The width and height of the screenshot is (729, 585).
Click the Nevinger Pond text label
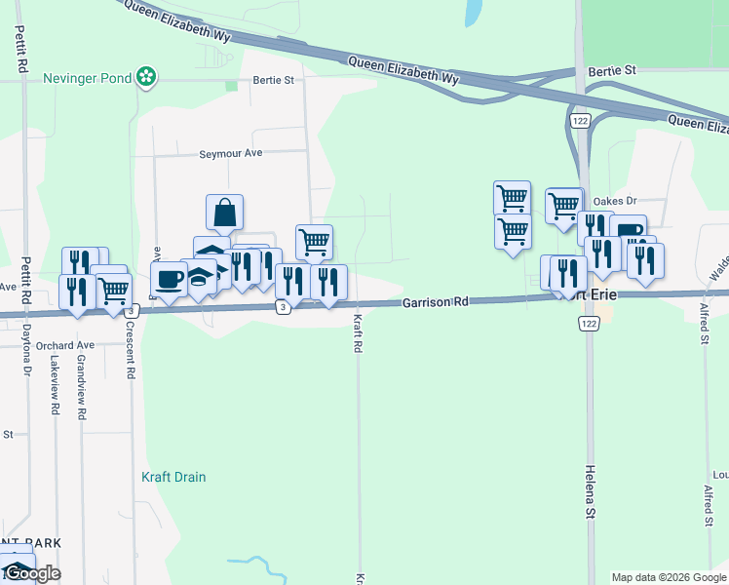coord(85,76)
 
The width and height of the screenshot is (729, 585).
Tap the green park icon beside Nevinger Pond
coord(145,76)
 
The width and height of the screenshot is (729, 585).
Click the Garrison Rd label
coord(436,303)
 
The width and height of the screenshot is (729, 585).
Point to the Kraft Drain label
coord(173,477)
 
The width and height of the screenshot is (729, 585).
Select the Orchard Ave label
coord(64,345)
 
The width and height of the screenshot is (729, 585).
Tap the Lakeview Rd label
coord(55,387)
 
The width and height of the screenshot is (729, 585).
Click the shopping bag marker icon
coord(224,212)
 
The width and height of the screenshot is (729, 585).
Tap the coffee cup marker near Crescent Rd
coord(169,279)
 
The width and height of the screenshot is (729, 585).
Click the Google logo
coord(31,573)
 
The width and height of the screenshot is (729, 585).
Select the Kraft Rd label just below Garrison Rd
coord(358,333)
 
